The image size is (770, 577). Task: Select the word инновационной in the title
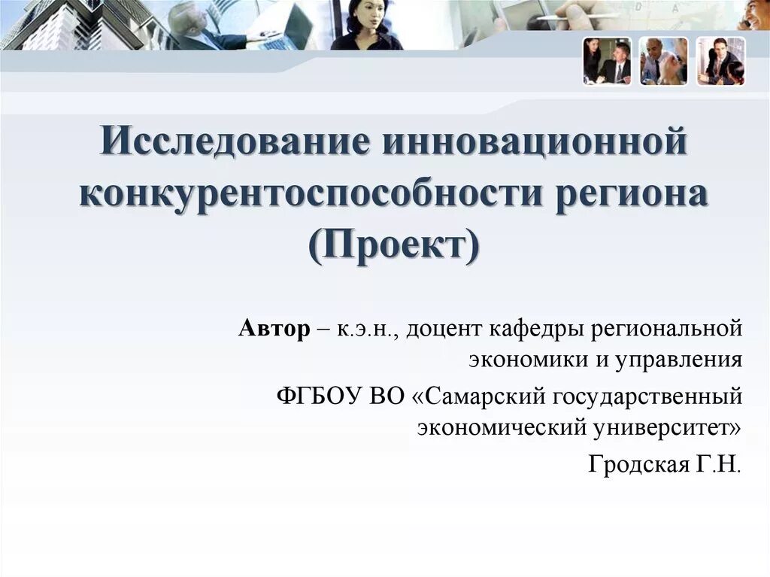535,143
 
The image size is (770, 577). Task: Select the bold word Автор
274,329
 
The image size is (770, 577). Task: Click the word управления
679,360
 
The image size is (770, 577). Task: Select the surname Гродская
635,463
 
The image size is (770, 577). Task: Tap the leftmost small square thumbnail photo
607,61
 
